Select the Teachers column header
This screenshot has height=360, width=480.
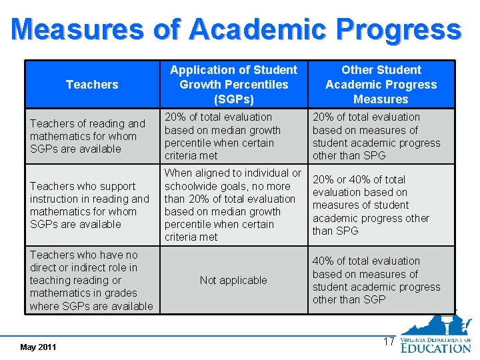pos(92,85)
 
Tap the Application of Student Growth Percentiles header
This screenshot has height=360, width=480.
pos(233,85)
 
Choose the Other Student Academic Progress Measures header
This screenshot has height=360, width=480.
pos(381,85)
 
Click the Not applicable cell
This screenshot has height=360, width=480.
pos(233,281)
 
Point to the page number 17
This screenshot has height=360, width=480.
pos(389,342)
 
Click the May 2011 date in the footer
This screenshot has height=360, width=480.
pos(39,347)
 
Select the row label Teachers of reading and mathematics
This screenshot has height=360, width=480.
pos(87,136)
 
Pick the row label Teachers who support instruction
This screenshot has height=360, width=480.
pos(89,205)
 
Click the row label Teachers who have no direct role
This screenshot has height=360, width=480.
pos(91,281)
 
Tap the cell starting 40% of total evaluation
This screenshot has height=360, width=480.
pos(376,281)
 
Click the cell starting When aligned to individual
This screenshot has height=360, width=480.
pos(233,205)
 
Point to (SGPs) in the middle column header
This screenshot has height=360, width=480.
pos(233,99)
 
